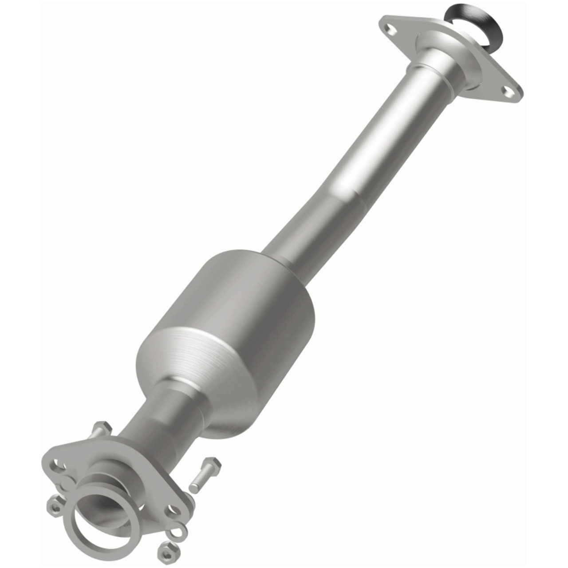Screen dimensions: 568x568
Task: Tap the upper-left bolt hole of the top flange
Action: [390, 30]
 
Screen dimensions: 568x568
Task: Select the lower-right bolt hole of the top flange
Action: [507, 91]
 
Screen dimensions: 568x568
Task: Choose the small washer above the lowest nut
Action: [179, 530]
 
